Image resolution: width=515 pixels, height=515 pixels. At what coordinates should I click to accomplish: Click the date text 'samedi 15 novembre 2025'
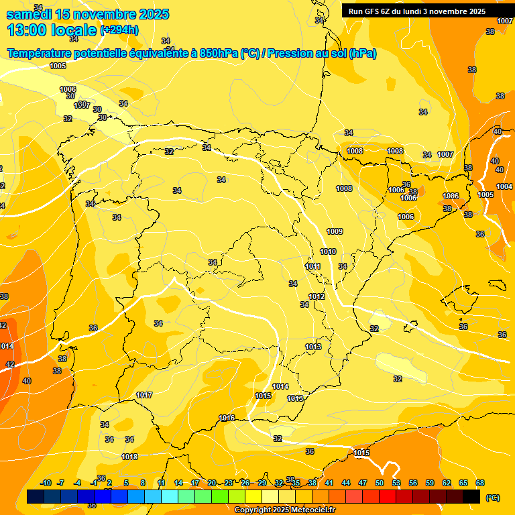coord(88,14)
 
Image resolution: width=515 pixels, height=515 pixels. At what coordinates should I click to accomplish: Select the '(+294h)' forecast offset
coord(119,30)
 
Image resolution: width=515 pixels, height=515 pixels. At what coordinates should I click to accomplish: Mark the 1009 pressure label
coord(335,231)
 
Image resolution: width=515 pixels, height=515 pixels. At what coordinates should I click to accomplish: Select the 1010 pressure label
coord(328,251)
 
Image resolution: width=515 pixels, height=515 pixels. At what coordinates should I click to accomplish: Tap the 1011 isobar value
coord(312,266)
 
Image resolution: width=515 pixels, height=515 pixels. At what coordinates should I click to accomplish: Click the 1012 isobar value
coord(317,296)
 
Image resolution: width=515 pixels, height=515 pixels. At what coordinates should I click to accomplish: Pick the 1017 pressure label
coord(144,395)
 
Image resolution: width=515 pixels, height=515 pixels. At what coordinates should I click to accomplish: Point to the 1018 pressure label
coord(129,457)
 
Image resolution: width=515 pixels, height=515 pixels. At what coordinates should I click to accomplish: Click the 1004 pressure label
coord(504,186)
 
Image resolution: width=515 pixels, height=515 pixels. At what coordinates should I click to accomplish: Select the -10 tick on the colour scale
coord(46,483)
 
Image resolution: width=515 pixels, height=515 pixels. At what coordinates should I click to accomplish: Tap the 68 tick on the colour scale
coord(480,483)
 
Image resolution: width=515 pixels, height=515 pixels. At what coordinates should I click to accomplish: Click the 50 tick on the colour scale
coord(380,483)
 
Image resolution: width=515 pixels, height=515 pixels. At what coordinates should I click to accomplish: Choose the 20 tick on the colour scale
coord(212,483)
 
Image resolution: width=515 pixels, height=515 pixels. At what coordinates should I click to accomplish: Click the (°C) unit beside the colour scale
coord(492,498)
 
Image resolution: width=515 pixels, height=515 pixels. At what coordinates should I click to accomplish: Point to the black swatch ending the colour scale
coord(471,497)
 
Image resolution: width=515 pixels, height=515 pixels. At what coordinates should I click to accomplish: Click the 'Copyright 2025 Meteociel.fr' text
coord(284,510)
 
